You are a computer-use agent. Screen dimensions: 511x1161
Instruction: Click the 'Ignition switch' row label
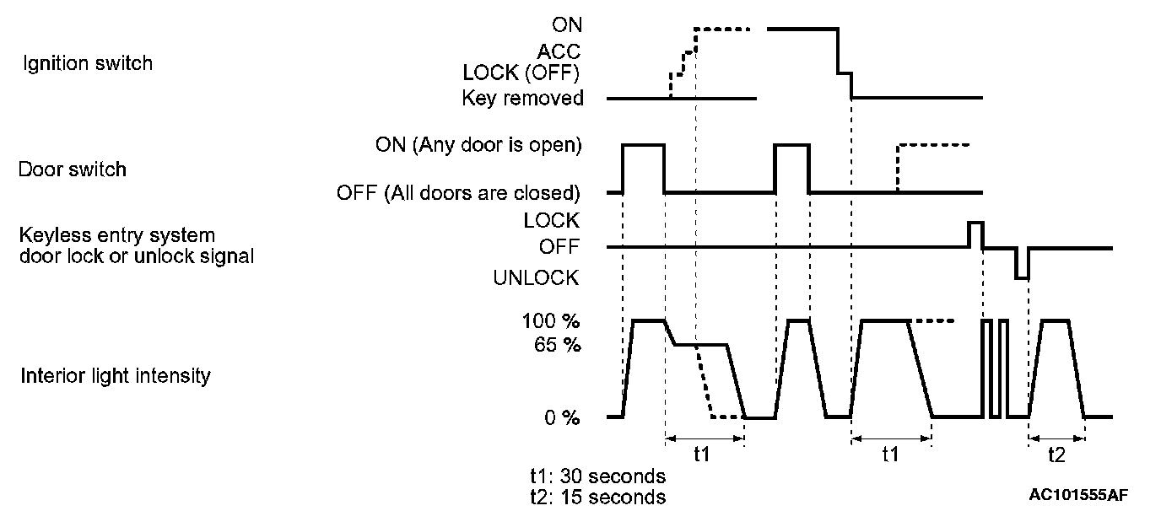[x=87, y=63]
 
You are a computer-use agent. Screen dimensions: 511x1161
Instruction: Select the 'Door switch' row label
[x=73, y=169]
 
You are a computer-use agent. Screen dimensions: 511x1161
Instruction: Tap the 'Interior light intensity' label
[x=115, y=375]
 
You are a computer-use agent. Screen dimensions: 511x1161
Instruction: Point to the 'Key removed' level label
[x=522, y=99]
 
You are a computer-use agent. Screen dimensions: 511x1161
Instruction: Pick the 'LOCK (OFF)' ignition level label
[x=522, y=73]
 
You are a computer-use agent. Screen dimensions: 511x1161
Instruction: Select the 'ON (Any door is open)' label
[x=478, y=145]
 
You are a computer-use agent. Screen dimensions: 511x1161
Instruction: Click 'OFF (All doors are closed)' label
[x=458, y=193]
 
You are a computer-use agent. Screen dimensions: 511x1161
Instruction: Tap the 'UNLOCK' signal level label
[x=536, y=277]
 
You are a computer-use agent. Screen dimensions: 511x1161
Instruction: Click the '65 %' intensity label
[x=558, y=345]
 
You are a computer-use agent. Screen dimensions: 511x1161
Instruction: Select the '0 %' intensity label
[x=561, y=417]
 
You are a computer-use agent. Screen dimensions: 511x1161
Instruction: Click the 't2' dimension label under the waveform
[x=1056, y=455]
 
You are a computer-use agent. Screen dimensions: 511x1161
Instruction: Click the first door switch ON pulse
[x=643, y=146]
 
